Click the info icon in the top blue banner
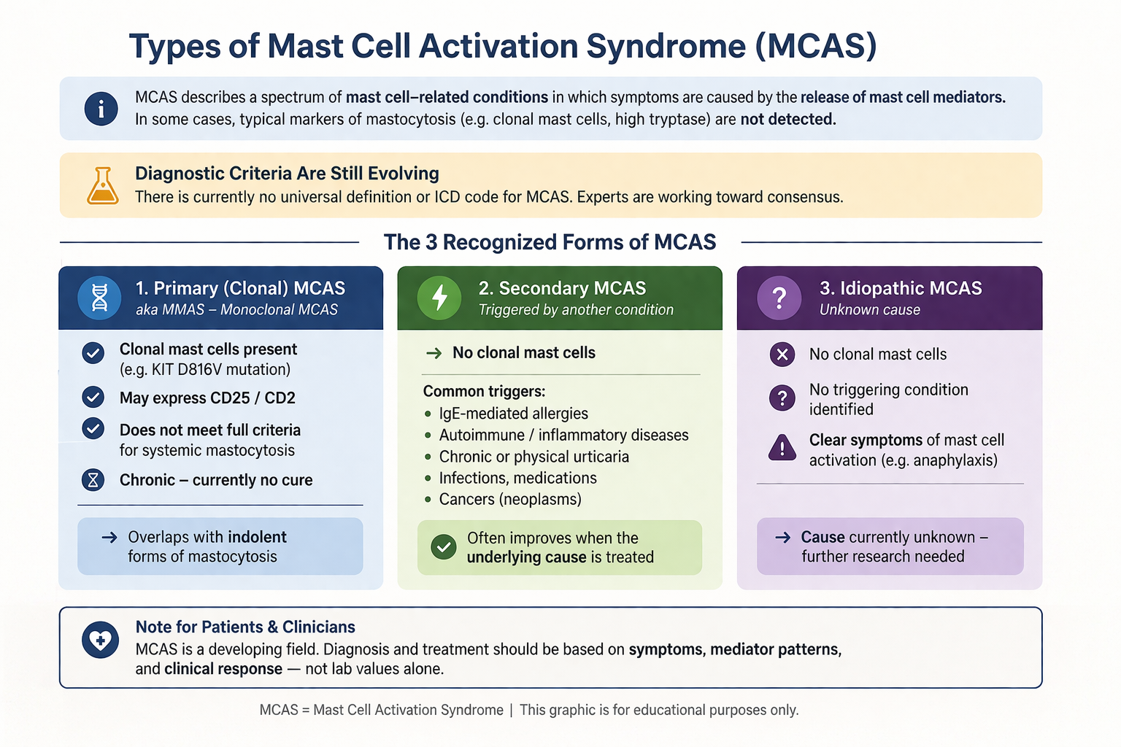101,109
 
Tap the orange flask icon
103,185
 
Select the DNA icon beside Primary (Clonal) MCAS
99,298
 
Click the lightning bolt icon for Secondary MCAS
439,298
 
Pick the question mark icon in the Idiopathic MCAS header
779,298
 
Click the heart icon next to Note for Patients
100,640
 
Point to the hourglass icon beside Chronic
93,480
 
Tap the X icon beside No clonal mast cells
782,355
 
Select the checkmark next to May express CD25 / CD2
93,398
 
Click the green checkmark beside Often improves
444,546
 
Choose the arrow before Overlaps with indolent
109,538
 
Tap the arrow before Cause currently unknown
782,538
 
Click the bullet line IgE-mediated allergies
513,414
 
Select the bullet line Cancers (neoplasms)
510,500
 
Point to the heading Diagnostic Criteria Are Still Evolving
287,174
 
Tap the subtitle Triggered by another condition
576,310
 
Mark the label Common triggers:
484,392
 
